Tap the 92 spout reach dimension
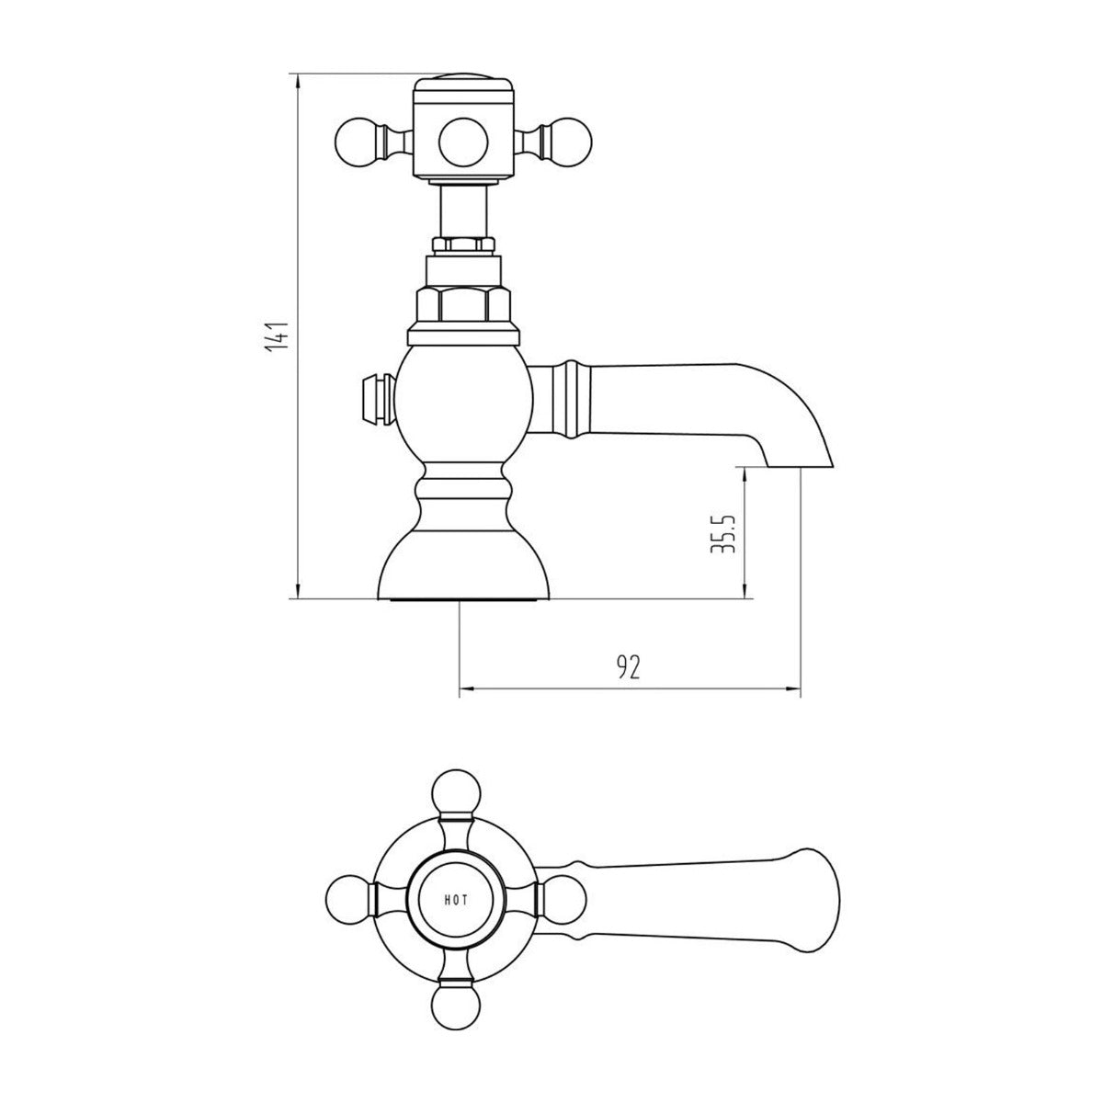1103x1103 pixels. [628, 668]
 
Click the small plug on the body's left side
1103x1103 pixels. [375, 396]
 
